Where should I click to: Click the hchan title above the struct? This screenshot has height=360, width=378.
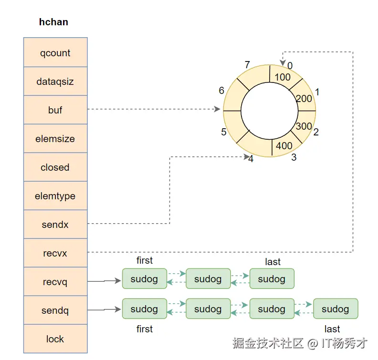53,22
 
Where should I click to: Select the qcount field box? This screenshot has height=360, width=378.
55,53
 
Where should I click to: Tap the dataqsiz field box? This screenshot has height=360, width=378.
55,82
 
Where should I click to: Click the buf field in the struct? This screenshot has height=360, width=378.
55,110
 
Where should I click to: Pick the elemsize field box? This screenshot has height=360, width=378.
55,139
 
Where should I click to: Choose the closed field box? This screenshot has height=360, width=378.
55,167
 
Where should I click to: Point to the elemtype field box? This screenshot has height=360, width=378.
55,196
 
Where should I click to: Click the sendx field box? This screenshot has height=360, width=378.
55,225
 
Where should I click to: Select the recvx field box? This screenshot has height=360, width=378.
55,253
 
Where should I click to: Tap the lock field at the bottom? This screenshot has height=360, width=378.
55,339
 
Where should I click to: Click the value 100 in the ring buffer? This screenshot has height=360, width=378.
283,77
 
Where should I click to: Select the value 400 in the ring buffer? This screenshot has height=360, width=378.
284,146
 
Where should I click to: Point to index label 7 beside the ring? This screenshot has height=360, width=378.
247,65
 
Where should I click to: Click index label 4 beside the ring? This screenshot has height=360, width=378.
251,159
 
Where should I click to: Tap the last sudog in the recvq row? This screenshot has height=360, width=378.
272,279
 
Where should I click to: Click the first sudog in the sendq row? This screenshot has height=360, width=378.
144,309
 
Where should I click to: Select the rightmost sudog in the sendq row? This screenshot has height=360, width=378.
335,309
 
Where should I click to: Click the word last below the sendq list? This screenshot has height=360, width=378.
332,329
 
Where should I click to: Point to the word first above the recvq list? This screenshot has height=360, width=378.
144,260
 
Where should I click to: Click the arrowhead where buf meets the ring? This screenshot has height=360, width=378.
218,109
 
